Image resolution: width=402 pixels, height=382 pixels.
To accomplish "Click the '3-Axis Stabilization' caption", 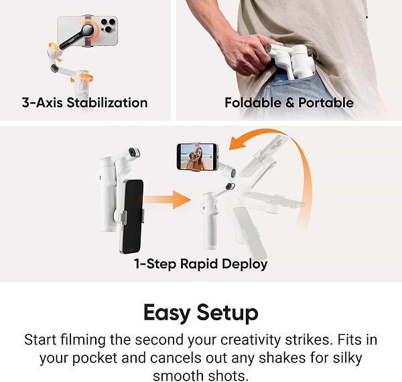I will coord(84,103).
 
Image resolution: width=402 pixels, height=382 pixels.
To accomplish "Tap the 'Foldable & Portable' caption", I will coord(289,103).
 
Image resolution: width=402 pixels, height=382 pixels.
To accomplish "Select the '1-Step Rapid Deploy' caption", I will coord(200,264).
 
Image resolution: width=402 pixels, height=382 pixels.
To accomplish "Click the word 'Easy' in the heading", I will coord(167,312).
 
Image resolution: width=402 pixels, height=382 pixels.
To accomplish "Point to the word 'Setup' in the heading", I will coord(227,312).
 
